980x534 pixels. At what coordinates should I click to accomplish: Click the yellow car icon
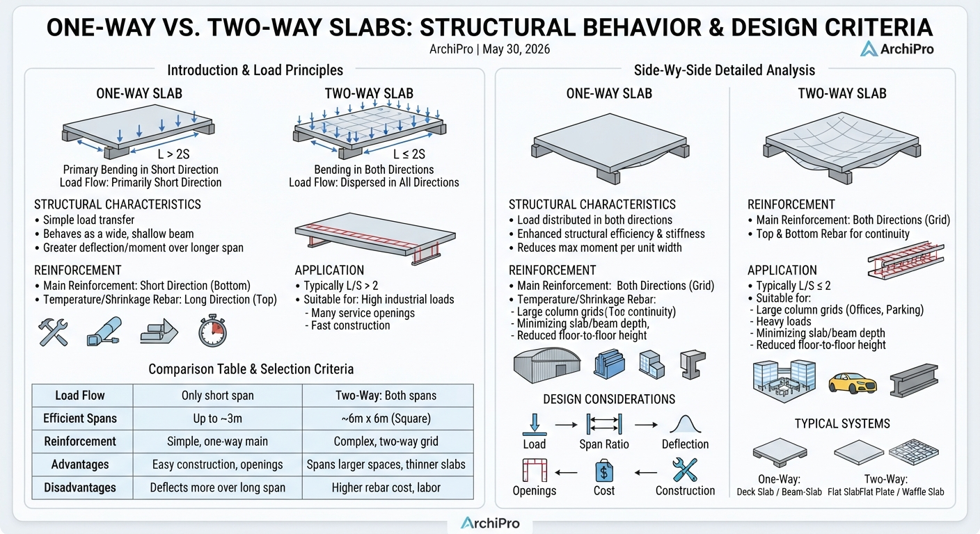coord(853,383)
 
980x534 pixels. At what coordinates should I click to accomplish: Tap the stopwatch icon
coord(212,330)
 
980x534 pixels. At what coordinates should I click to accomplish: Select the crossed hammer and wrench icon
coord(53,332)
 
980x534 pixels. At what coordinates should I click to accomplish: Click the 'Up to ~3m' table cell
coord(217,419)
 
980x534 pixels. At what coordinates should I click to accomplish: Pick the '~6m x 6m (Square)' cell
coord(386,419)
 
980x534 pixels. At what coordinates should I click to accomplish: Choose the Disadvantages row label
coord(80,487)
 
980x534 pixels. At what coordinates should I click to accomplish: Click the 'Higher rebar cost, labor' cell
coord(386,487)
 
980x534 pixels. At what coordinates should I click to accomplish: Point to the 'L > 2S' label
coord(174,154)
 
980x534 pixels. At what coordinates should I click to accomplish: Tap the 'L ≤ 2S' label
coord(409,154)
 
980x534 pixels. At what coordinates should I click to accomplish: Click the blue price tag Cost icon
coord(604,471)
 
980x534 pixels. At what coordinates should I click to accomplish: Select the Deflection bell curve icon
coord(685,424)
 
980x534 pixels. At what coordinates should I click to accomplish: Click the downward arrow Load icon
coord(534,424)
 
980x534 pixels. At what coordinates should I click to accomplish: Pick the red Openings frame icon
coord(535,470)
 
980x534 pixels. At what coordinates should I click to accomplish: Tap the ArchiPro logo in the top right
coord(897,49)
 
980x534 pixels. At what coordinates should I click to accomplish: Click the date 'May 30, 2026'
coord(516,49)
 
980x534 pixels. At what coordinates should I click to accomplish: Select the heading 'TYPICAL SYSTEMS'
coord(842,423)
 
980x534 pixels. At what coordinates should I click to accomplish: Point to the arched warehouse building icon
coord(547,365)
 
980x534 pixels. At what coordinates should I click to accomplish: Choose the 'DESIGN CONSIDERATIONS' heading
coord(609,399)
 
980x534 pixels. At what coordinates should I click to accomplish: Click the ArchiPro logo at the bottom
coord(490,523)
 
